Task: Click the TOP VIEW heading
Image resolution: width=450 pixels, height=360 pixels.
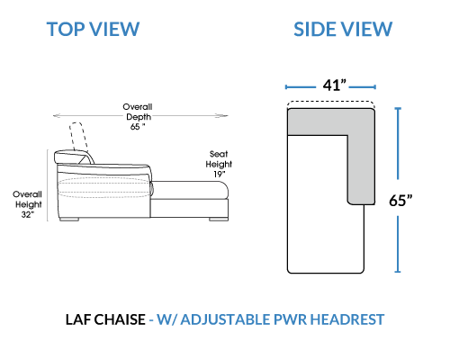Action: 93,29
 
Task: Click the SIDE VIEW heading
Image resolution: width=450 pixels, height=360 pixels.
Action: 343,29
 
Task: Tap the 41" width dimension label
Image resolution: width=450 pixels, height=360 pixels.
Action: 334,85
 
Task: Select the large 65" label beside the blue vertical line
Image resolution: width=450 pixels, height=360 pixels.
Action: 400,200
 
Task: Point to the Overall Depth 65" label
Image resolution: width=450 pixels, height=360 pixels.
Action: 138,117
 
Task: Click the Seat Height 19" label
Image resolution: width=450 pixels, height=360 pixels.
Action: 219,164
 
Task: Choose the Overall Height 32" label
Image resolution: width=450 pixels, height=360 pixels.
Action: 27,204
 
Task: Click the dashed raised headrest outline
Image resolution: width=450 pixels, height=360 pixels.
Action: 78,136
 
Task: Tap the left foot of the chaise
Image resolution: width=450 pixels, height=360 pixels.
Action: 69,220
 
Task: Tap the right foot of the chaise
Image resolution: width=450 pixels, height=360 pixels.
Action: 219,220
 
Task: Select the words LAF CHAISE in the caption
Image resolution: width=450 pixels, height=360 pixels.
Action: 105,319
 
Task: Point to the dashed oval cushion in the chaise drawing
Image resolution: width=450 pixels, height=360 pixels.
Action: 104,187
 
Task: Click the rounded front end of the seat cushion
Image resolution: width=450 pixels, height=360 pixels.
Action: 224,190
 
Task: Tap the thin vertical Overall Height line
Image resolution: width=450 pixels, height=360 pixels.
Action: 48,185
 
